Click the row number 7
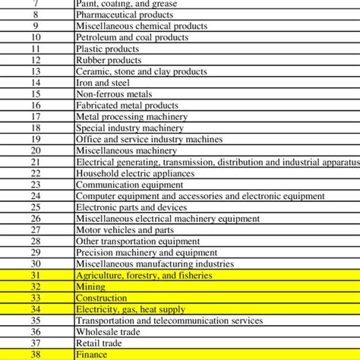coord(36,3)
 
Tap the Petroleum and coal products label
coord(131,37)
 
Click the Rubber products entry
coord(109,60)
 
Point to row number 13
coord(36,71)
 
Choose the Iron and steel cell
coord(103,83)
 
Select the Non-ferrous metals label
coord(109,94)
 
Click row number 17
coord(36,117)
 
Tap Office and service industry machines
coord(150,140)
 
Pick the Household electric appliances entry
coord(135,173)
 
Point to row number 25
coord(36,207)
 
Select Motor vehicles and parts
coord(125,230)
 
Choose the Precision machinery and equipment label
coord(147,253)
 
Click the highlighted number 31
coord(36,276)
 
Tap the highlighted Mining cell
coord(90,287)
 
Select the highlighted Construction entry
coord(102,298)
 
